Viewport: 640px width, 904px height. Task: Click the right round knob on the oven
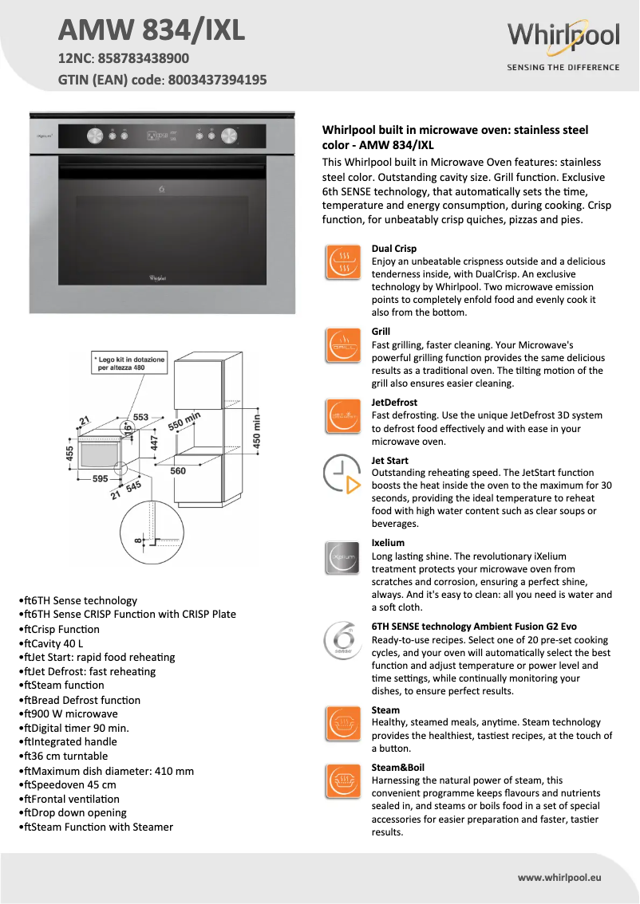click(x=230, y=136)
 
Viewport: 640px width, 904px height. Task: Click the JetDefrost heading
click(x=394, y=403)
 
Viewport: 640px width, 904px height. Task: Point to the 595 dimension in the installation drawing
click(x=99, y=479)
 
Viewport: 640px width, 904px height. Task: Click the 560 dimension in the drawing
click(x=179, y=471)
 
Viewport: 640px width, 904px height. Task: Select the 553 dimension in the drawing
click(x=140, y=417)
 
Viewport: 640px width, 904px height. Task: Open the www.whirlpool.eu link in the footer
click(x=559, y=877)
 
